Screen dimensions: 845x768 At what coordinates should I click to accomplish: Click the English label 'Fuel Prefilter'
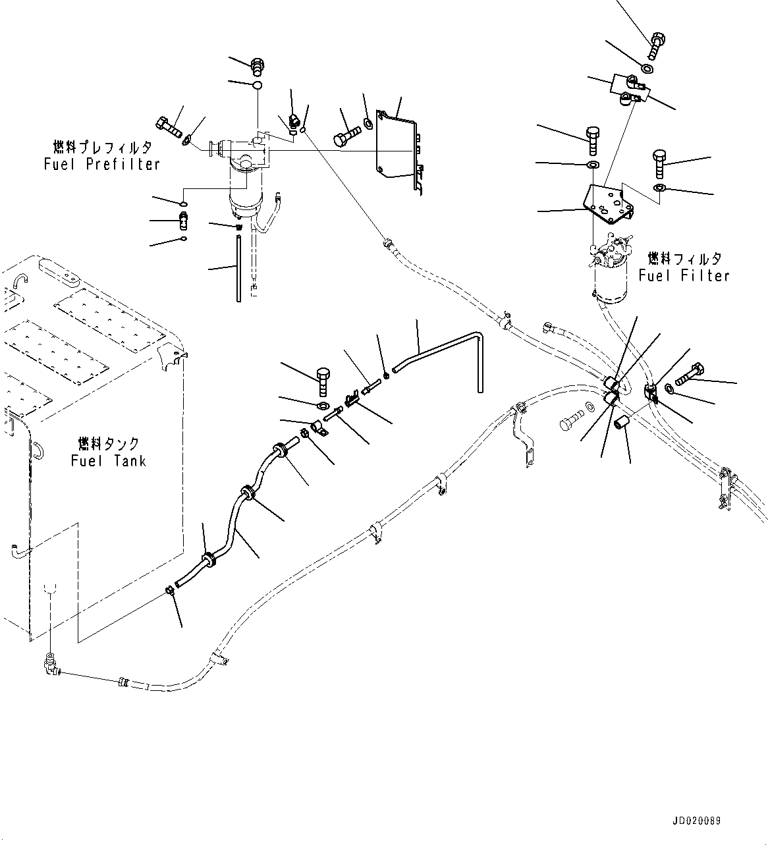point(102,165)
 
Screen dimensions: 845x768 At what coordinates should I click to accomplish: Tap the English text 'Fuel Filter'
point(684,275)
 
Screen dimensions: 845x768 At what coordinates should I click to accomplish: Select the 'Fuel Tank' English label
point(109,461)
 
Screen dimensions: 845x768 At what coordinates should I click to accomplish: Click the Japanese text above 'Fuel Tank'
point(109,443)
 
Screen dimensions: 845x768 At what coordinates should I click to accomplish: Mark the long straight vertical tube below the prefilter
point(238,269)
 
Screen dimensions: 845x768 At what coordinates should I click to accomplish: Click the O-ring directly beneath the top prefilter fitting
point(258,86)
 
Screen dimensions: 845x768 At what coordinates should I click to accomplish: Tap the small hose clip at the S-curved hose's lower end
point(170,590)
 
